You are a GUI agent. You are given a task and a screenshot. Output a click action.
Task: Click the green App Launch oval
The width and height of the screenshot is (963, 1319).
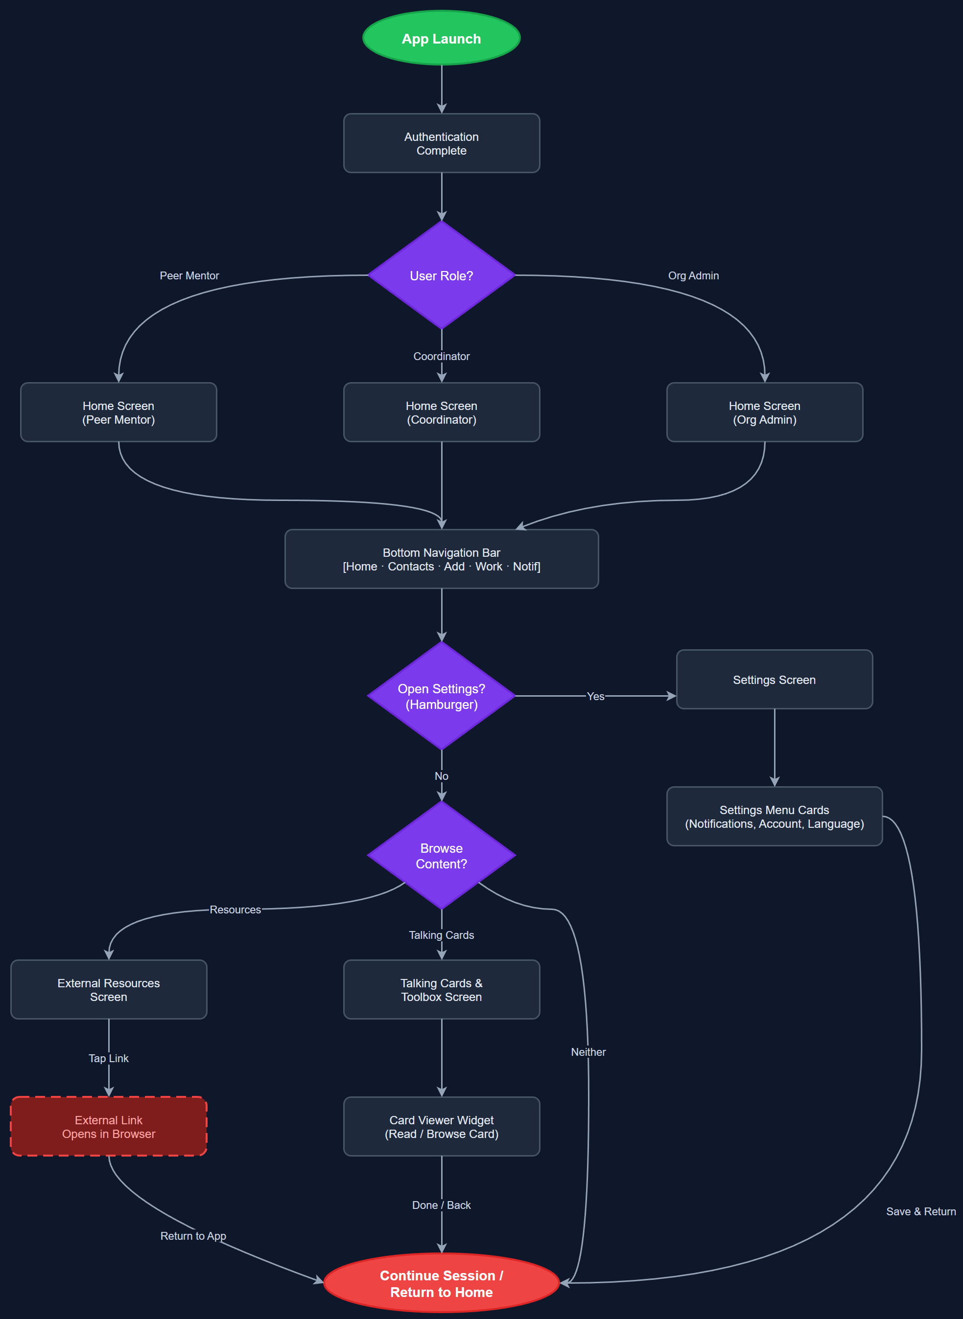(441, 39)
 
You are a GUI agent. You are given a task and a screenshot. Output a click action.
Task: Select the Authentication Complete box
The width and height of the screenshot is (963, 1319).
(441, 143)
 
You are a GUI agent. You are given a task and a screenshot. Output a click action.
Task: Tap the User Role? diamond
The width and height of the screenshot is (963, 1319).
(441, 275)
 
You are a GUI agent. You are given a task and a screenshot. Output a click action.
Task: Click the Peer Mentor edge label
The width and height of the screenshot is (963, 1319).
(189, 275)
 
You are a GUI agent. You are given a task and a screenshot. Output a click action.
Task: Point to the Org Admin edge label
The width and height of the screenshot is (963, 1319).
(693, 275)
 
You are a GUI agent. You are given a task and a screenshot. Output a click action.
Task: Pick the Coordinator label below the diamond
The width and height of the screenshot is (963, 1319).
(441, 356)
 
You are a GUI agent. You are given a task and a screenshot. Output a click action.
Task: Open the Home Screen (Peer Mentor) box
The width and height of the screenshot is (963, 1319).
(118, 412)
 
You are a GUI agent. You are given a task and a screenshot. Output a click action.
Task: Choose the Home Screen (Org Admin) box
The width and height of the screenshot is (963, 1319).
(764, 412)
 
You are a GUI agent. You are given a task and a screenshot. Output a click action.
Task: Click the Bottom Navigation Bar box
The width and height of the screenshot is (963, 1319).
(441, 559)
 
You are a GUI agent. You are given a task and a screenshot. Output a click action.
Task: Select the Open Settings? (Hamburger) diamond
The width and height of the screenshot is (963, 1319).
(441, 696)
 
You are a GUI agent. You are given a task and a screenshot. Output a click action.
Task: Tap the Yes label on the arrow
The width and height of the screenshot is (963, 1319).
(595, 696)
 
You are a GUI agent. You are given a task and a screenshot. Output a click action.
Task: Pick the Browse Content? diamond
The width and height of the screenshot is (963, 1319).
(441, 856)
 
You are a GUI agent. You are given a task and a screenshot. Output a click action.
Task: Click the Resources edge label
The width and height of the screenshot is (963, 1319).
(235, 910)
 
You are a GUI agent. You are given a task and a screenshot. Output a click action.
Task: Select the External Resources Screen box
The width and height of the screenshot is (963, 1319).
(108, 990)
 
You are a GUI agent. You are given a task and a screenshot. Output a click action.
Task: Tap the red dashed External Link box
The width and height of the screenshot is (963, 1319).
(108, 1127)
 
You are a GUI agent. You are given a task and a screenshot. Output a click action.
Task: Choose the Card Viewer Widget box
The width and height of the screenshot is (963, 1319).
(441, 1127)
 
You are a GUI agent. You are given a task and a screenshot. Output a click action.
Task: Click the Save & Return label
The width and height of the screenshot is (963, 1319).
(920, 1211)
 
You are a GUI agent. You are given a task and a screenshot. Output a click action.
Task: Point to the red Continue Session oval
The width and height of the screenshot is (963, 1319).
(441, 1283)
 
